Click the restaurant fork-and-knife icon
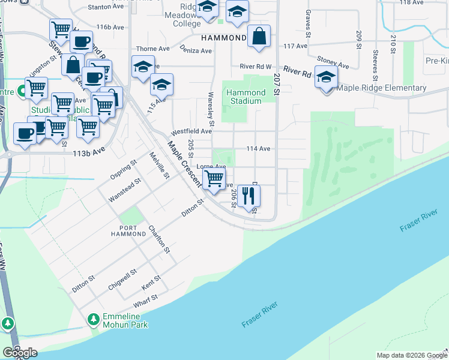(x=249, y=195)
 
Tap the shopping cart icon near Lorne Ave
(x=214, y=179)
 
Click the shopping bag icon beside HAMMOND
(x=259, y=36)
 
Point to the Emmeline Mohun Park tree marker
(x=93, y=319)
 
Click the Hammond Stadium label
(x=246, y=97)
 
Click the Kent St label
(x=151, y=280)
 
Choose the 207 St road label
(x=277, y=83)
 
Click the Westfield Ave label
(x=191, y=131)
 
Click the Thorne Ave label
(x=153, y=49)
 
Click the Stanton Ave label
(x=106, y=7)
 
